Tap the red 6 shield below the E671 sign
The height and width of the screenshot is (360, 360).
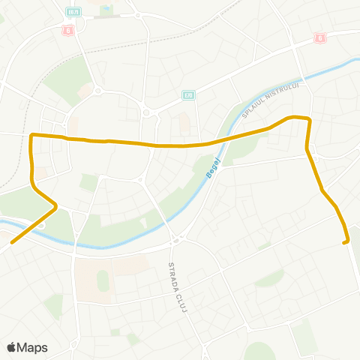[x=69, y=30]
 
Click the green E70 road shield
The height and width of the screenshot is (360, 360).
[x=188, y=95]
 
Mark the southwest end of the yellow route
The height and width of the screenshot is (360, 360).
[x=11, y=241]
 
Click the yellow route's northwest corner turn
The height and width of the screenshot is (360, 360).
[x=31, y=136]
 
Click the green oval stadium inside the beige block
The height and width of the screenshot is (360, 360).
[x=103, y=280]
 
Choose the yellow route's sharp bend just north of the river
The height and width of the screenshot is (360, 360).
[x=55, y=205]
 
